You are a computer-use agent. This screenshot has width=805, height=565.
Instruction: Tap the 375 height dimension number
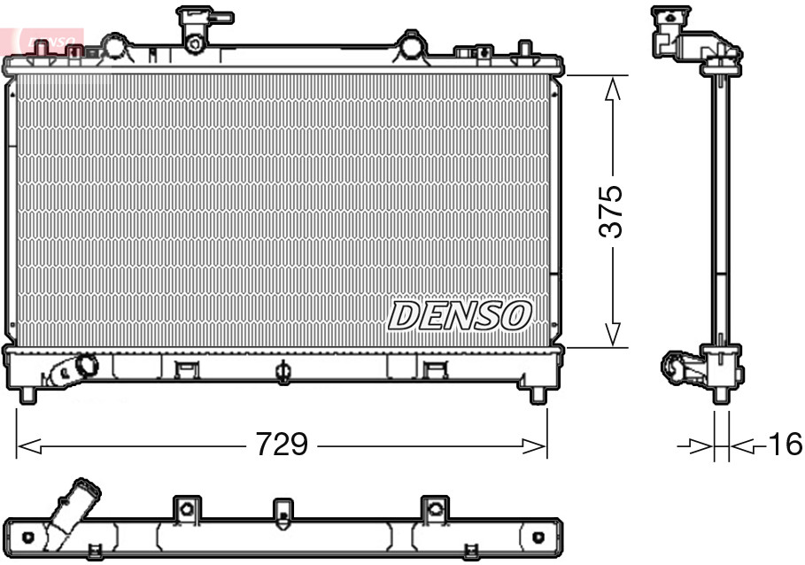coord(610,212)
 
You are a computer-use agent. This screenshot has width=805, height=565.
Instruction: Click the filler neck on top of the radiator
coord(197,27)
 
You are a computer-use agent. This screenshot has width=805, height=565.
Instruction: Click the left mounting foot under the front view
coord(27,394)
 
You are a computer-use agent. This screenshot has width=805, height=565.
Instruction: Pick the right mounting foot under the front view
coord(538,394)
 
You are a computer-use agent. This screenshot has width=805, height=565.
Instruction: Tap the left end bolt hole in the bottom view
coord(28,538)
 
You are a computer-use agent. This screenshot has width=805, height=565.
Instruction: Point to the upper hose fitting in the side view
coord(682,31)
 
